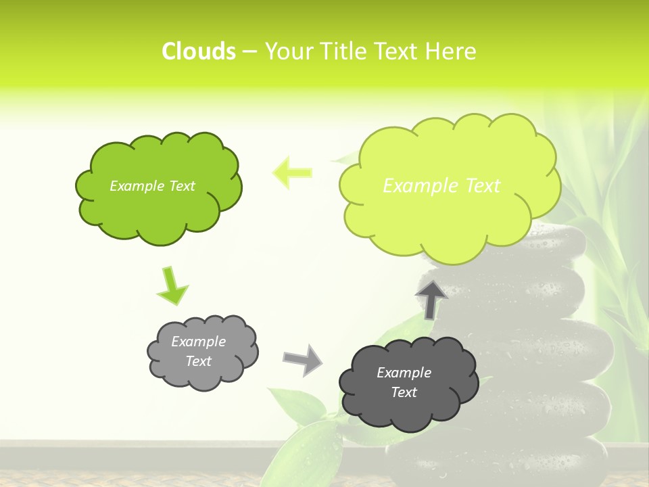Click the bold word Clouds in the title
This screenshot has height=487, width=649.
pyautogui.click(x=198, y=51)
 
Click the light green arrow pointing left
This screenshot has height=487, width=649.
pyautogui.click(x=292, y=172)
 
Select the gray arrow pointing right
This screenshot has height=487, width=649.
pyautogui.click(x=303, y=359)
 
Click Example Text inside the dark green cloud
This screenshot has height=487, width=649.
pyautogui.click(x=152, y=186)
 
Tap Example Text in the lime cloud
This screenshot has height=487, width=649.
pyautogui.click(x=441, y=186)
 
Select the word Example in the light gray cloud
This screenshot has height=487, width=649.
pyautogui.click(x=198, y=342)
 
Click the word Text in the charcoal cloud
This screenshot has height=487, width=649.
pyautogui.click(x=404, y=392)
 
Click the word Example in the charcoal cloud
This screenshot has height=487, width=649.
pyautogui.click(x=404, y=373)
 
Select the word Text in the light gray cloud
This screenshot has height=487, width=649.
pyautogui.click(x=198, y=361)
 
